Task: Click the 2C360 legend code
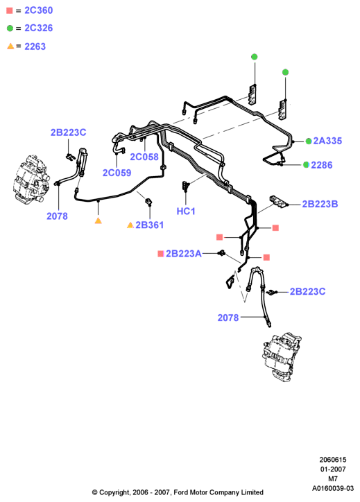[38, 10]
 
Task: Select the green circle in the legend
[10, 28]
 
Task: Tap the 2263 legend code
[35, 46]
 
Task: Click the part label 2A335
[327, 141]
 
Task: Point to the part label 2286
[322, 165]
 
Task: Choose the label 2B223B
[320, 204]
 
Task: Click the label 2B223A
[184, 254]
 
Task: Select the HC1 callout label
[186, 211]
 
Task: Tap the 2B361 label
[149, 225]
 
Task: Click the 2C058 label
[144, 157]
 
